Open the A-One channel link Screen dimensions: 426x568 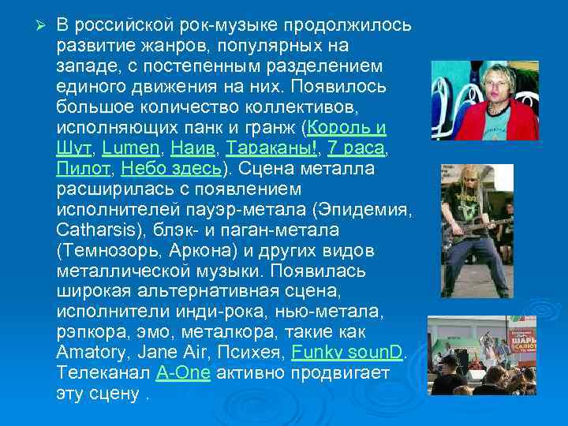click(x=182, y=373)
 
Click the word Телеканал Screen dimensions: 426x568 click(x=102, y=373)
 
